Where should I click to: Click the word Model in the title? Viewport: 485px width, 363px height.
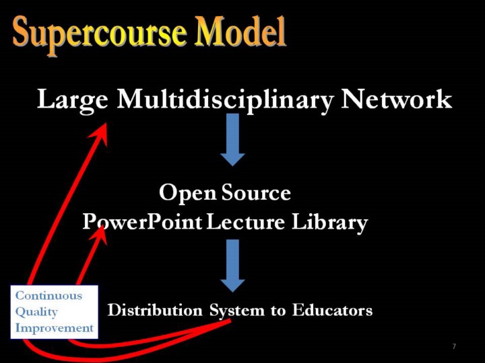click(x=240, y=31)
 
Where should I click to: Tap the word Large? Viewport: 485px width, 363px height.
click(x=73, y=99)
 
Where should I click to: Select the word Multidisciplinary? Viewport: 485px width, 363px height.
click(x=226, y=100)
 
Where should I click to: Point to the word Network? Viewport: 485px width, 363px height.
click(x=396, y=99)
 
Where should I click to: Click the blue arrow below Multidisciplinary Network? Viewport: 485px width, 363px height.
click(x=232, y=140)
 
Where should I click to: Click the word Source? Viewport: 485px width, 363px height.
click(x=256, y=192)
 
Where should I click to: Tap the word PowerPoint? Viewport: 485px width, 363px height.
click(x=142, y=223)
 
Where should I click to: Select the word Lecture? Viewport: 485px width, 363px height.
click(x=245, y=222)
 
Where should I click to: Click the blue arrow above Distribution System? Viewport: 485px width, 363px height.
click(x=232, y=266)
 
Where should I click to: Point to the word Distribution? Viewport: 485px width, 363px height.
click(x=155, y=310)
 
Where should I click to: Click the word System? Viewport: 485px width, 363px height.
click(x=237, y=311)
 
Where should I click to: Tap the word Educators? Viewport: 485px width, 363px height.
click(x=332, y=310)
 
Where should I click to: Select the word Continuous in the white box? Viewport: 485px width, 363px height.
click(x=49, y=295)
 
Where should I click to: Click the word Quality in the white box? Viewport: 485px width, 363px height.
click(x=36, y=312)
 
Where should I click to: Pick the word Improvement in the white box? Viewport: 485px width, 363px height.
click(x=55, y=328)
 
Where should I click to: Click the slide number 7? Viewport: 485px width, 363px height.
click(x=454, y=346)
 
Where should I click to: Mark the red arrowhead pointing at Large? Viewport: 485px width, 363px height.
click(x=100, y=133)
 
